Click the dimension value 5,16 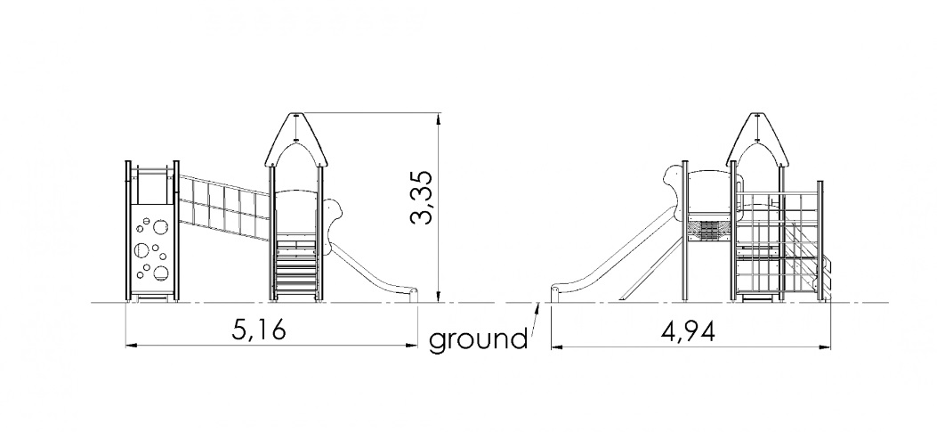(259, 330)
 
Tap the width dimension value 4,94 (688, 330)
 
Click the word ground (478, 339)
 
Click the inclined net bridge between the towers (224, 208)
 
